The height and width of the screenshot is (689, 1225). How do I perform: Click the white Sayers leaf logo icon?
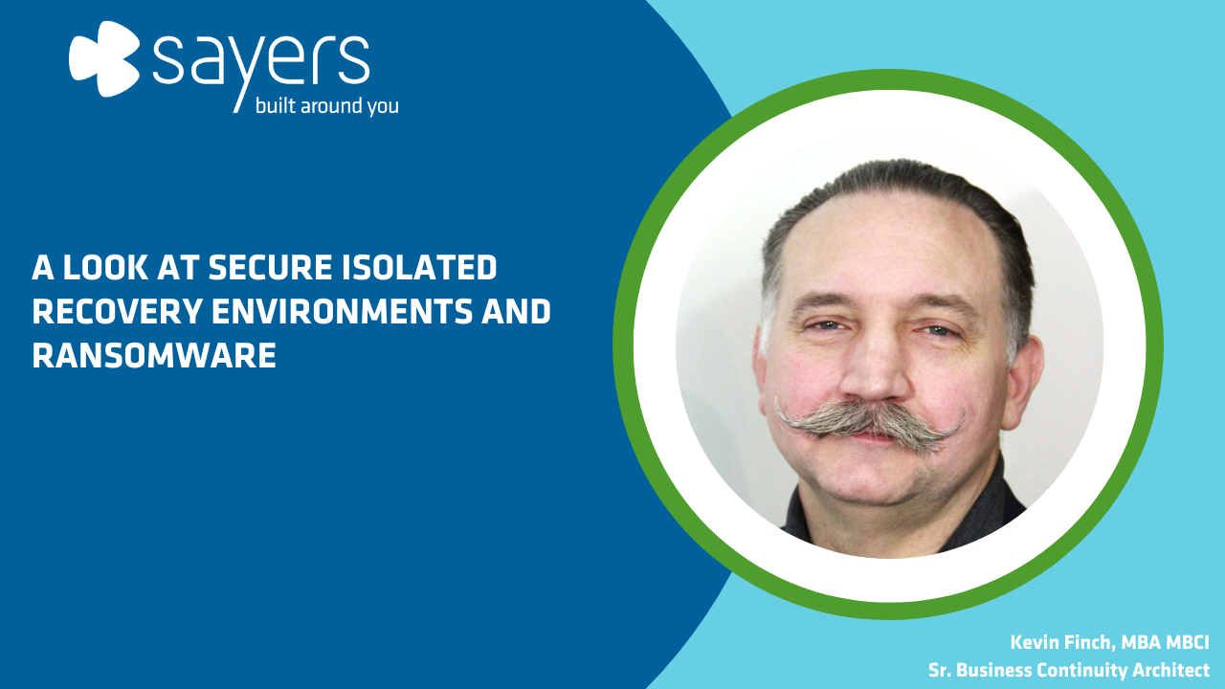coord(104,59)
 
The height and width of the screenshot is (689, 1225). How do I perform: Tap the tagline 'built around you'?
coord(327,106)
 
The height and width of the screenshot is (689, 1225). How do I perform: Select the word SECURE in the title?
coord(270,267)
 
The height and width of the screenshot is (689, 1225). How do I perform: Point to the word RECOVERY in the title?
coord(118,311)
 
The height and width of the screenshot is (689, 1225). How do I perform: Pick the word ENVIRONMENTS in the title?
coord(342,311)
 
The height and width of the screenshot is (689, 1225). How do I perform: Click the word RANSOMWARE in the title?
coord(154,355)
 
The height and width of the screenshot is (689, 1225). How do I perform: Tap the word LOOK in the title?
coord(105,267)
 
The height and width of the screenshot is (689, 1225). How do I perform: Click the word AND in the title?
coord(516,311)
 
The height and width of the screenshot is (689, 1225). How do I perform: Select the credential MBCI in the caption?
coord(1188,642)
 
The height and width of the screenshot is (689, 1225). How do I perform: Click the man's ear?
coord(1024,377)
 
